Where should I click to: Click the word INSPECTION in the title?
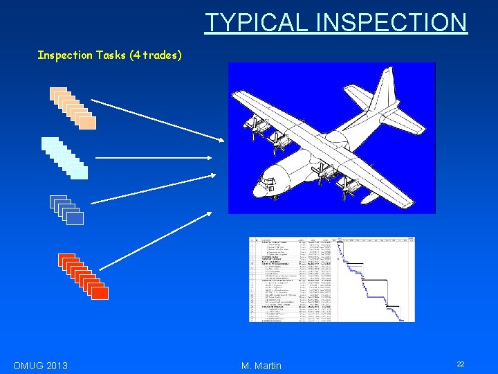coord(391,22)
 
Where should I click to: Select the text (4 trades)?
coord(156,55)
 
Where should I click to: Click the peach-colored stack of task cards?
coord(73,109)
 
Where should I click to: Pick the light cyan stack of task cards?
coord(64,159)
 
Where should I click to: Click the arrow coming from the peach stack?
coord(158,121)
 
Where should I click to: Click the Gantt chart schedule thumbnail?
coord(332,279)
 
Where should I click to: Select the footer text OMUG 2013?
coord(40,365)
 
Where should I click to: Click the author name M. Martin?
coord(261,365)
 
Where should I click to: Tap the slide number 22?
coord(461,364)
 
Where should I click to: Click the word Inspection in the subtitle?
coord(64,55)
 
